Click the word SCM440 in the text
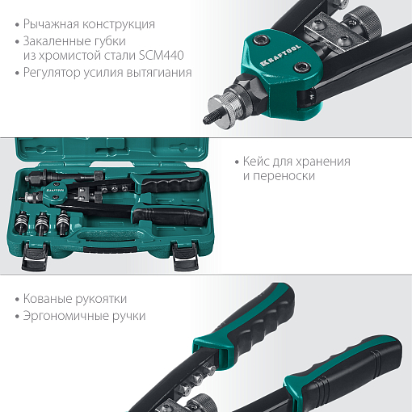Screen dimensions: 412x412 pos(162,55)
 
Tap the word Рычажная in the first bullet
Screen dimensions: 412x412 pos(51,24)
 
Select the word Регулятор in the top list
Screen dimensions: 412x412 pos(52,73)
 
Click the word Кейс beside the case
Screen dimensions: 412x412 pos(256,161)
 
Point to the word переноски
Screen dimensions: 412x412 pos(284,176)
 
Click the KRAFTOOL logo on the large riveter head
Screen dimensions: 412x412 pos(280,55)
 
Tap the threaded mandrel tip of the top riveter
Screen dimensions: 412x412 pos(212,118)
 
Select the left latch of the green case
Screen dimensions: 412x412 pos(35,256)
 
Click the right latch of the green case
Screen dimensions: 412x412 pos(186,256)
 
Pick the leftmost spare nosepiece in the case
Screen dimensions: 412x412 pos(21,221)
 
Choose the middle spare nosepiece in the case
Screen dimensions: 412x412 pos(42,222)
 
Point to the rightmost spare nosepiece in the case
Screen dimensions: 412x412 pos(63,222)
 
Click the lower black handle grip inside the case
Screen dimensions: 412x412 pos(170,217)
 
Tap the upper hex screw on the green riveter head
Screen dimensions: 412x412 pos(262,40)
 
